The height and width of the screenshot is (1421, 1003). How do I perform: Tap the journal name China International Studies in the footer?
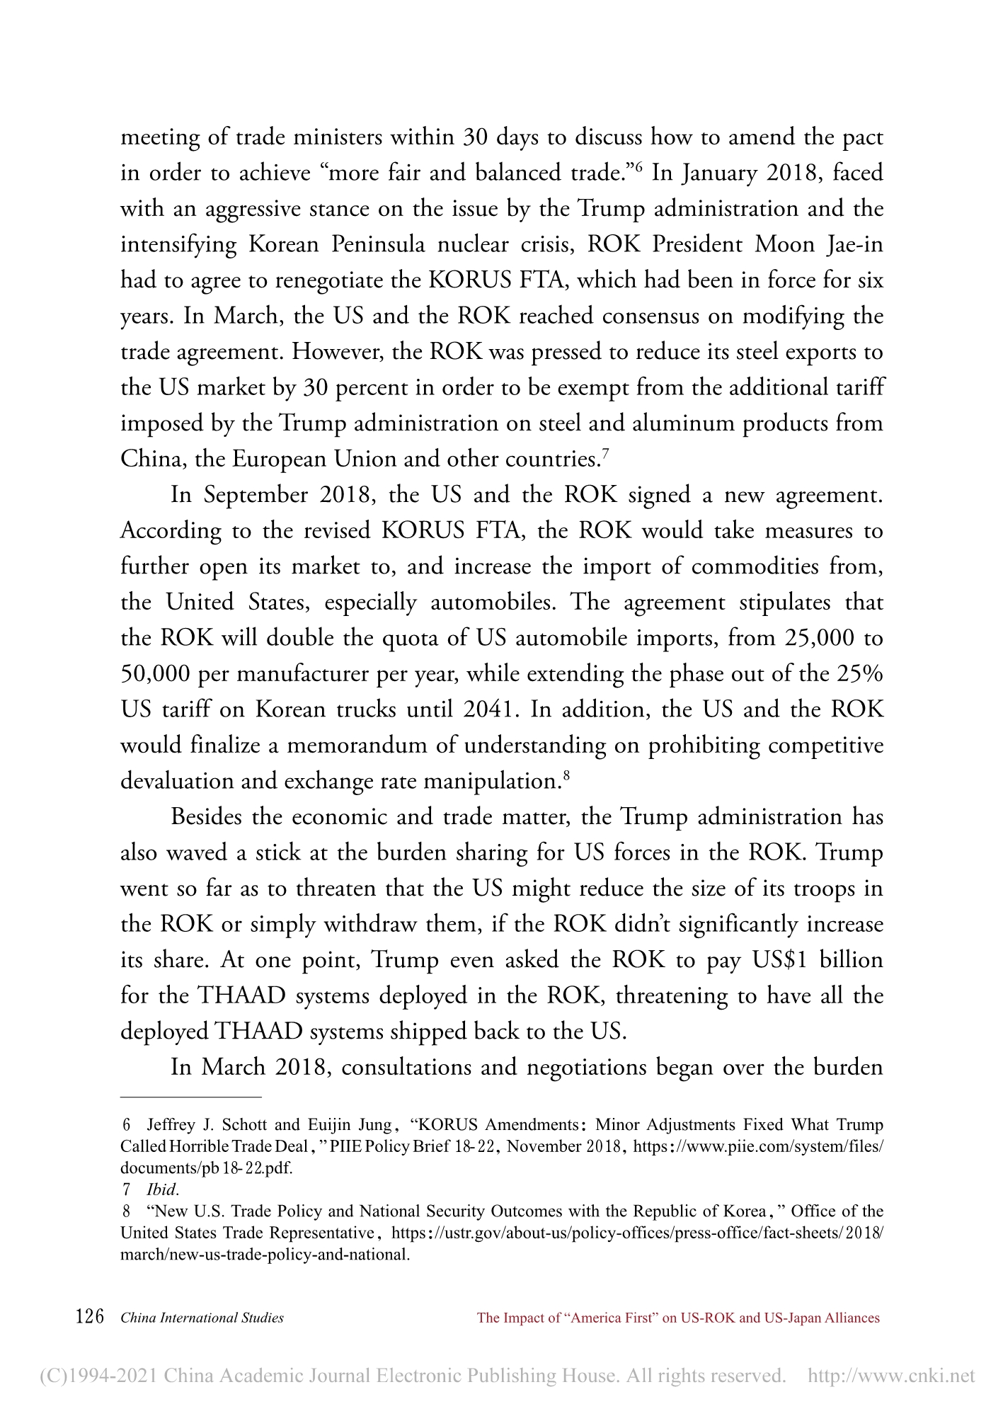pyautogui.click(x=202, y=1318)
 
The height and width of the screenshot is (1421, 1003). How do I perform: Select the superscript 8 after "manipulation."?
pyautogui.click(x=566, y=775)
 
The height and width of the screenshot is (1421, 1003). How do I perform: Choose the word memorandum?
pyautogui.click(x=372, y=746)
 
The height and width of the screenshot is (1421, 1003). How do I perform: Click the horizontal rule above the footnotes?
pyautogui.click(x=191, y=1097)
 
